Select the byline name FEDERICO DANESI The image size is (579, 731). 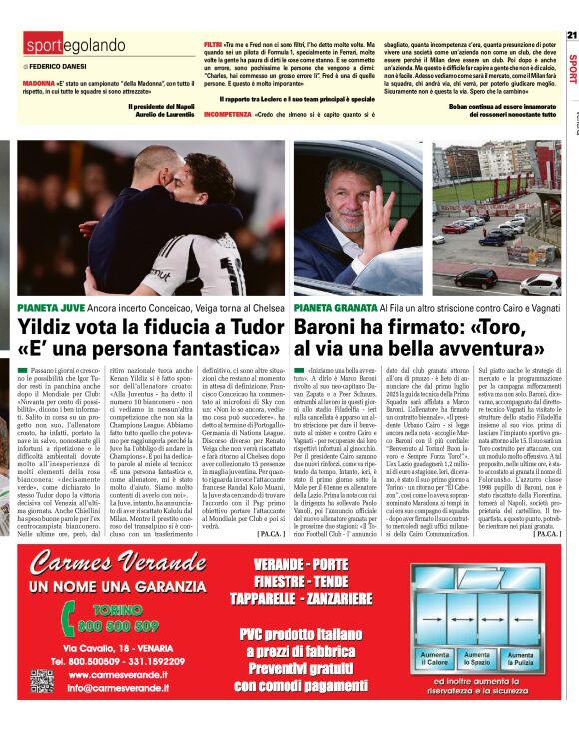[x=63, y=66]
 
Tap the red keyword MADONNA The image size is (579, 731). [x=39, y=85]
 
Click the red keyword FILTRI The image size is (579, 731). [x=213, y=46]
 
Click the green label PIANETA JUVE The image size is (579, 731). [x=51, y=305]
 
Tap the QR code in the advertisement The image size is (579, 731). [x=40, y=681]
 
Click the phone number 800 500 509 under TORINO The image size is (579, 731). [x=117, y=626]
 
